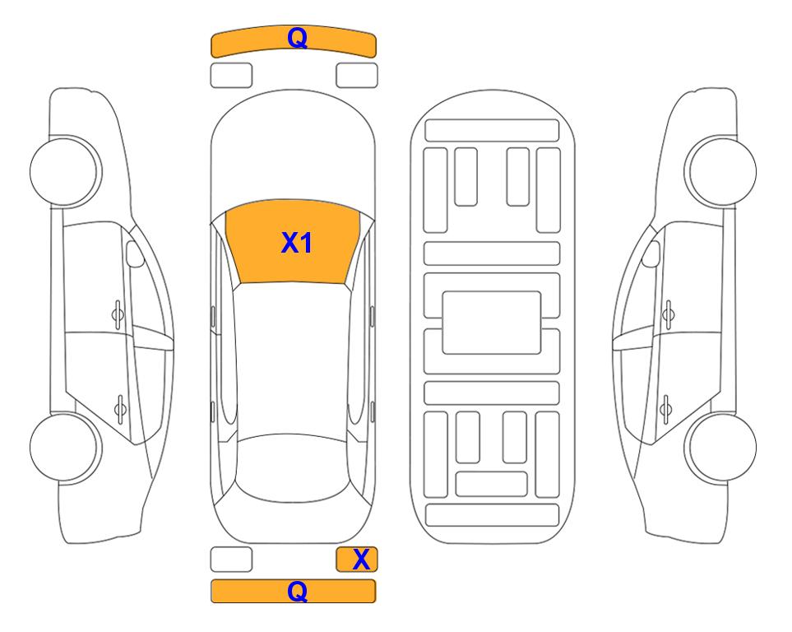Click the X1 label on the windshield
coord(297,243)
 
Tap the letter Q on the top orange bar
coord(297,38)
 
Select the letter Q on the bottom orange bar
coord(297,591)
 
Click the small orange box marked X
coord(357,560)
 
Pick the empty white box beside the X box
coord(231,560)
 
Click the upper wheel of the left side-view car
coord(64,171)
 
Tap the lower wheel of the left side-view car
coord(64,447)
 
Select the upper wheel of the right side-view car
coord(722,171)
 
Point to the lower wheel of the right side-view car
coord(722,447)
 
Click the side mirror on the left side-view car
coord(134,253)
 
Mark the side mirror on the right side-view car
coord(651,253)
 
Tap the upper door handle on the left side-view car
coord(118,314)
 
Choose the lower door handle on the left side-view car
coord(120,408)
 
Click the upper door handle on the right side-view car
coord(669,314)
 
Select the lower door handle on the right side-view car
coord(665,408)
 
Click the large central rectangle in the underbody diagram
coord(492,323)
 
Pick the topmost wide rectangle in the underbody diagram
coord(492,131)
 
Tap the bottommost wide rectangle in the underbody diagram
coord(492,514)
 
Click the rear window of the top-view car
coord(294,468)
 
